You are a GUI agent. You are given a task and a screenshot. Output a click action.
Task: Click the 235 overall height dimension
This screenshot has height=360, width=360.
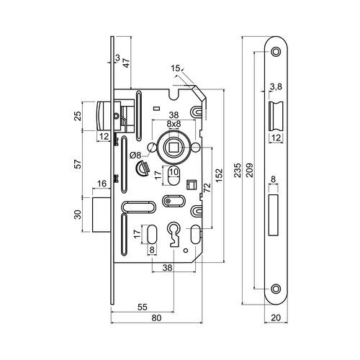click(x=238, y=170)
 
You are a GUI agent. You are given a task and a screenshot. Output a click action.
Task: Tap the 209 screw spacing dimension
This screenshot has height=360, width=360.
click(x=250, y=170)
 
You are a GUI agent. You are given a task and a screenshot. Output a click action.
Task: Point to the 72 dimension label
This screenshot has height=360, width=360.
click(x=207, y=187)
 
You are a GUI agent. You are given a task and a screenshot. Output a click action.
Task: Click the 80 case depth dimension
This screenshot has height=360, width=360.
click(x=156, y=318)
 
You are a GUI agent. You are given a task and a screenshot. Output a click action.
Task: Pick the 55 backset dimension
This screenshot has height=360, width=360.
click(x=142, y=307)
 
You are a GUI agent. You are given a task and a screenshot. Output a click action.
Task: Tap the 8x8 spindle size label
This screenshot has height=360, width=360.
click(x=174, y=124)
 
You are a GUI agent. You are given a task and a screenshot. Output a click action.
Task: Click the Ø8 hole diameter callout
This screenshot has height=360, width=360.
click(x=135, y=156)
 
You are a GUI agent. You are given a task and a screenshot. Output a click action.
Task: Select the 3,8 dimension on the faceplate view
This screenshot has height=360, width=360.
click(x=276, y=86)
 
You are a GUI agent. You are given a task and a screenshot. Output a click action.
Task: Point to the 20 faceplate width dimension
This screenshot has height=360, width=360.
click(x=276, y=318)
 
